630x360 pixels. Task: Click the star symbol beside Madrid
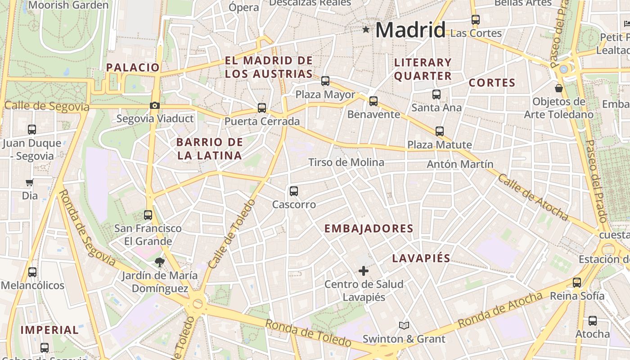tap(366, 30)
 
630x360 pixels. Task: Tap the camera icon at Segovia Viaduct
tap(155, 106)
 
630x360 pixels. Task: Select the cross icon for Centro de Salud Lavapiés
tap(364, 271)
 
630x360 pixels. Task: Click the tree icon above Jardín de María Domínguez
tap(159, 262)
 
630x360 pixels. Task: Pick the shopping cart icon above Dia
tap(30, 183)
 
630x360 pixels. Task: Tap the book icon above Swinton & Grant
tap(404, 325)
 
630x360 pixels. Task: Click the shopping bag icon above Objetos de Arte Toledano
tap(559, 88)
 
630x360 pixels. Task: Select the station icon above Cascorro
tap(294, 191)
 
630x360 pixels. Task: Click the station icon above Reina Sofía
tap(577, 283)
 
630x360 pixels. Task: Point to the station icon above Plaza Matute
tap(440, 131)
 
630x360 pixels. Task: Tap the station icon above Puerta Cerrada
tap(262, 108)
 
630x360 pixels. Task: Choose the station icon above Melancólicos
tap(32, 272)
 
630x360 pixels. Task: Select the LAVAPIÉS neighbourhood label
tap(421, 258)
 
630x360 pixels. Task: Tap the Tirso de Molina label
tap(346, 162)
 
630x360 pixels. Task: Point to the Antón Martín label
tap(460, 164)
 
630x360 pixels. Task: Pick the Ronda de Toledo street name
tap(308, 333)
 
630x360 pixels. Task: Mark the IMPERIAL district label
tap(49, 330)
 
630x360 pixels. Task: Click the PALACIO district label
tap(133, 67)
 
